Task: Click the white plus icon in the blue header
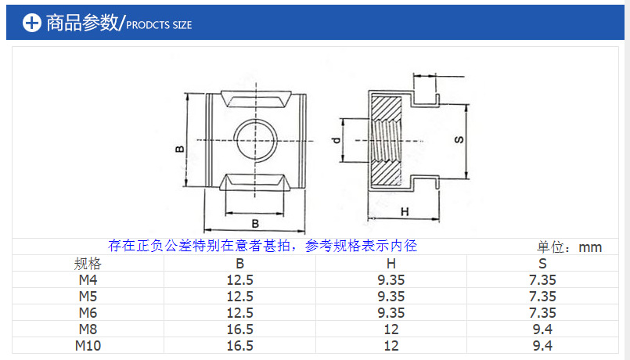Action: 31,23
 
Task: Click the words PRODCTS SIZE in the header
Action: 159,25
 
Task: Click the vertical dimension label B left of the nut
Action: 179,149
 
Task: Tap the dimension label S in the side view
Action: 459,139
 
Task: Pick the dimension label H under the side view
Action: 405,212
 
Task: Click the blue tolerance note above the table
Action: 263,246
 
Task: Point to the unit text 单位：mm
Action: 569,247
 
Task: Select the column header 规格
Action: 88,264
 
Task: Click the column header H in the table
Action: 391,264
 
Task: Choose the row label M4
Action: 88,279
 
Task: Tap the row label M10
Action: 88,345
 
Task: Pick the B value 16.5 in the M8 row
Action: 239,329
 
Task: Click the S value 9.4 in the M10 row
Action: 542,345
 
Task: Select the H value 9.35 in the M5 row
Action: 391,296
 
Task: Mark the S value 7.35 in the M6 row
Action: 542,312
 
